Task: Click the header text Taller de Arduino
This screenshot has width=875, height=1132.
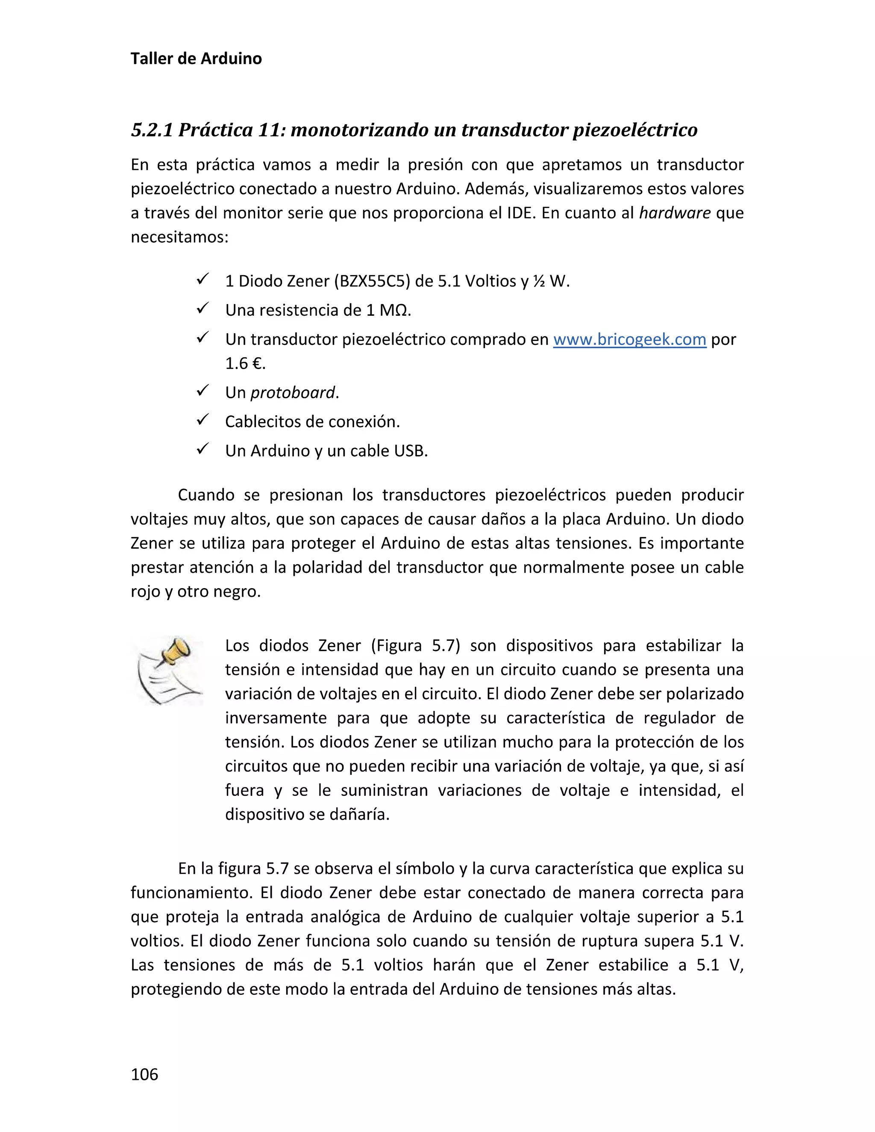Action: pos(196,59)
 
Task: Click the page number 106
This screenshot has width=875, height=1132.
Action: pos(145,1074)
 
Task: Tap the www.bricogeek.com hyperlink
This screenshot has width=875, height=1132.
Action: pos(629,340)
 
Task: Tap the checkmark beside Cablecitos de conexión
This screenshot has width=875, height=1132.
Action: pos(203,419)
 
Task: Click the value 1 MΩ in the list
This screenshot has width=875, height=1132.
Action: pos(388,311)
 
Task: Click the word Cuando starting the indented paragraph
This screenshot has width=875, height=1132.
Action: pos(206,495)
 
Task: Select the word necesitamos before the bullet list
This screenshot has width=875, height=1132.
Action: pos(179,238)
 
